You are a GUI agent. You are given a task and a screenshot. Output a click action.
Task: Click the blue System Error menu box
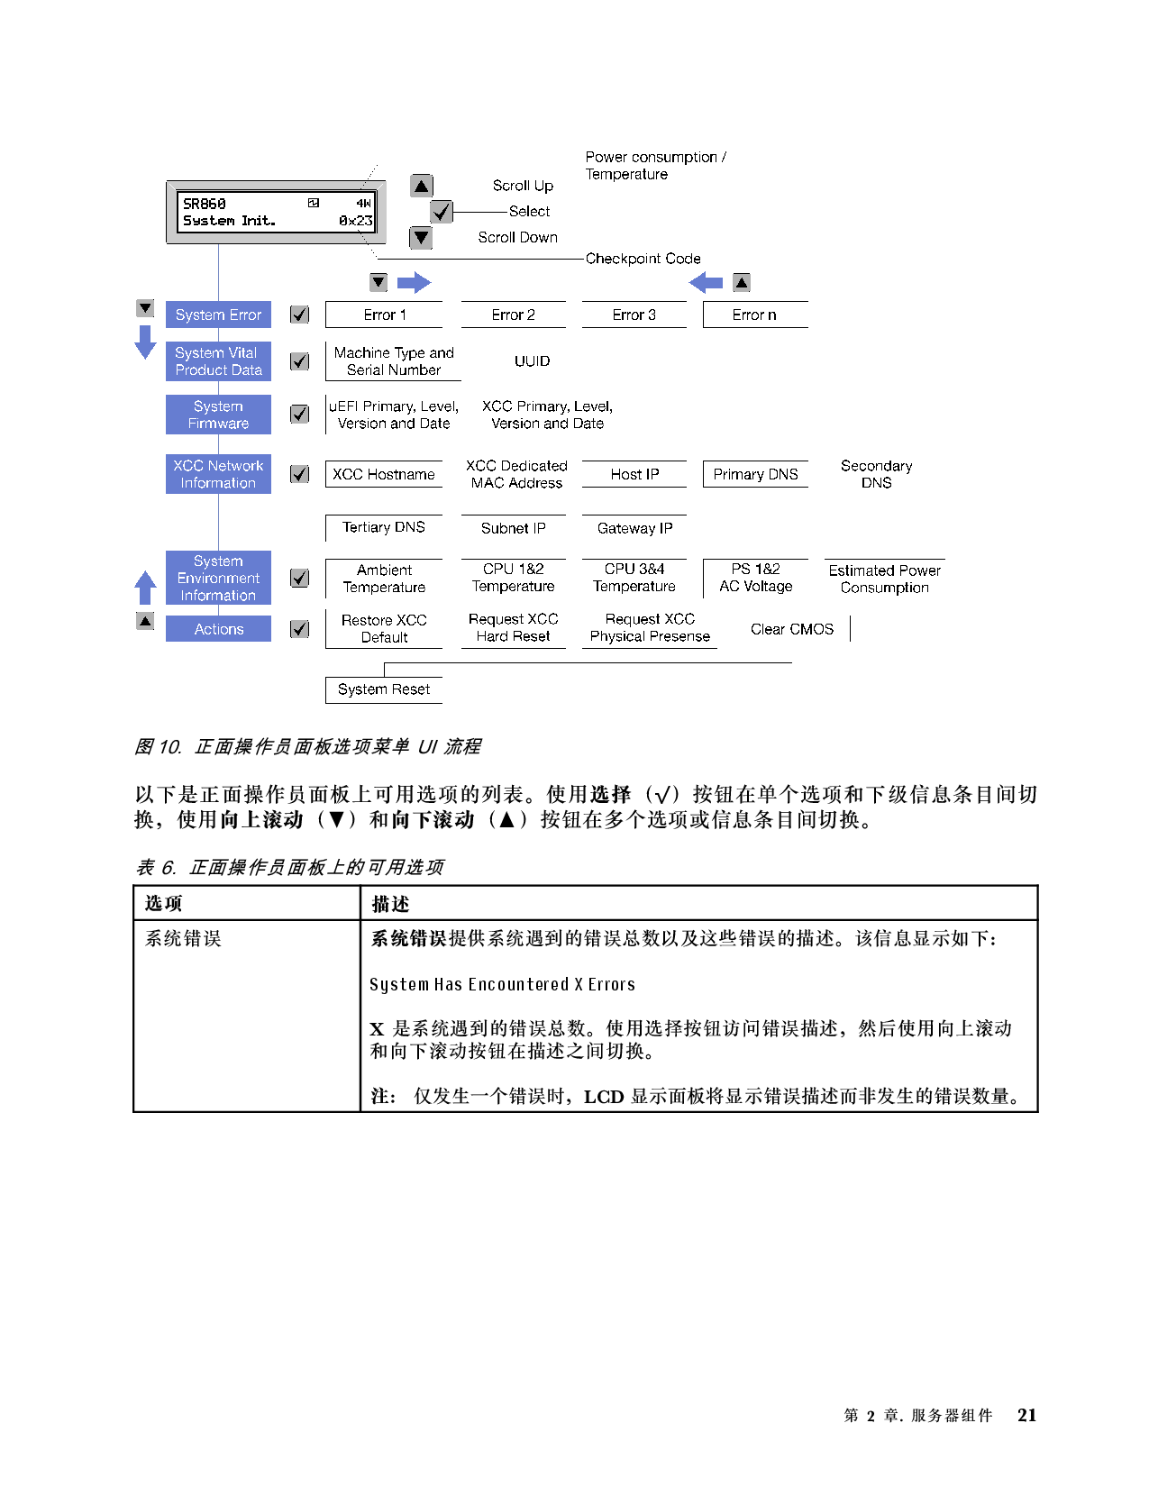tap(218, 315)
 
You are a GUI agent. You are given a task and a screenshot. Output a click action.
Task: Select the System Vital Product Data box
tap(218, 361)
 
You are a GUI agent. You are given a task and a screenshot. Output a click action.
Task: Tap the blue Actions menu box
tap(218, 629)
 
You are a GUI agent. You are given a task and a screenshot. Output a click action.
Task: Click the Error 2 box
tap(513, 315)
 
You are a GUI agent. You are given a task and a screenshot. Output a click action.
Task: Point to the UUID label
tap(532, 361)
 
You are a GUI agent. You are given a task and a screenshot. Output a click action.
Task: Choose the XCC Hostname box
tap(384, 474)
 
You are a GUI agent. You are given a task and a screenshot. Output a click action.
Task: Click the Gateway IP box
tap(634, 528)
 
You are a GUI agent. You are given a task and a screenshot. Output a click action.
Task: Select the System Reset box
tap(384, 689)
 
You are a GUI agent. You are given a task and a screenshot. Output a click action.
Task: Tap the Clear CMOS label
tap(792, 629)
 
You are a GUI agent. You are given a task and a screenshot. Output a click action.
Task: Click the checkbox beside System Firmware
tap(300, 414)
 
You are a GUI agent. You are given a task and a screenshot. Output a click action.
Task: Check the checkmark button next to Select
tap(442, 212)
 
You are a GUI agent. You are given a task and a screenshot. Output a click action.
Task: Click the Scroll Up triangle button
tap(421, 186)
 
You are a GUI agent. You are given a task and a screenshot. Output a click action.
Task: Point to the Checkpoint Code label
tap(643, 259)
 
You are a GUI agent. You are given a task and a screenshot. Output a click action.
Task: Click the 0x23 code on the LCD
tap(355, 221)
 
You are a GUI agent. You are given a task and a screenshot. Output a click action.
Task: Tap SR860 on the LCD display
tap(205, 204)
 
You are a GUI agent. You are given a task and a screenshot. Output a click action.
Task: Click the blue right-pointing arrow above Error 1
tap(414, 283)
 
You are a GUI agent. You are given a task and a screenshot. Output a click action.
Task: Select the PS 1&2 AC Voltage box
tap(755, 578)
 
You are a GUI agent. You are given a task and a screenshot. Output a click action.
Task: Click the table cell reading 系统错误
tap(183, 939)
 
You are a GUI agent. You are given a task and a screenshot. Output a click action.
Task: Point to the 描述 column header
tap(390, 904)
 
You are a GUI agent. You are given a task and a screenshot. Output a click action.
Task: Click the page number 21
tap(1026, 1415)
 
